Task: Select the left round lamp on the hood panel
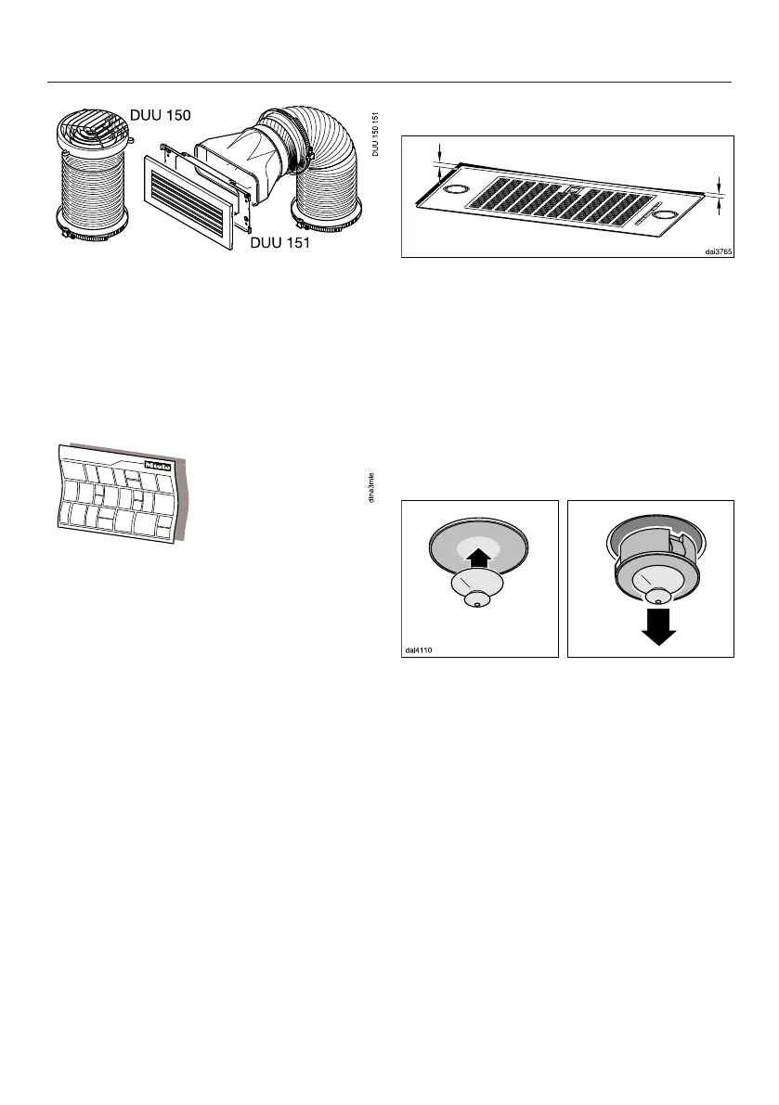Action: point(456,189)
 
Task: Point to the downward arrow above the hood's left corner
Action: point(439,148)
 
